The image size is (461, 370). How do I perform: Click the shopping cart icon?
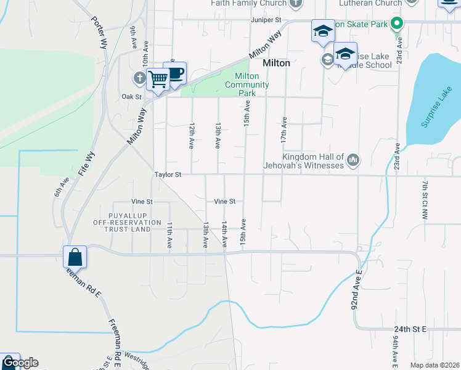click(x=158, y=79)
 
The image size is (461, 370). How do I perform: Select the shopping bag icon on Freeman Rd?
click(x=75, y=256)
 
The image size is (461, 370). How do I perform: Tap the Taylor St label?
click(x=168, y=175)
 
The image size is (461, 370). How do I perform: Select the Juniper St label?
click(x=266, y=20)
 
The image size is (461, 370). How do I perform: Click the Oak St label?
click(x=131, y=97)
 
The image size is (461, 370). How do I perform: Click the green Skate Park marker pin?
click(x=398, y=25)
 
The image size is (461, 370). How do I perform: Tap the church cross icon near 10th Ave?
click(x=140, y=78)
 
